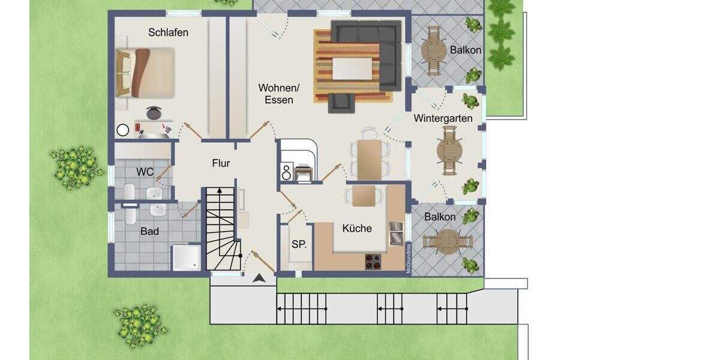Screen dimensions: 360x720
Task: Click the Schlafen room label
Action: (168, 32)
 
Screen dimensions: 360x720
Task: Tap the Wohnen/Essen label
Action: (278, 94)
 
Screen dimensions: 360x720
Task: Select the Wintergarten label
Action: (443, 119)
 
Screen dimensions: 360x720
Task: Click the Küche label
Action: (357, 228)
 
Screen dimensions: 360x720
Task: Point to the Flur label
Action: (221, 163)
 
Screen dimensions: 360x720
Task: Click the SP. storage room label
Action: (299, 244)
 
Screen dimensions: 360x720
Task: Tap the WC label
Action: (145, 172)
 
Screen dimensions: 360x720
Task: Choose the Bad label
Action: (149, 231)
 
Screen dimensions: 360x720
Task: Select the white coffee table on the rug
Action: (353, 67)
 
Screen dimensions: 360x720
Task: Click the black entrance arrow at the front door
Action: (259, 278)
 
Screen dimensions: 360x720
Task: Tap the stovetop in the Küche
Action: (373, 261)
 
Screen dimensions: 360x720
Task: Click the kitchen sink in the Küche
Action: (396, 233)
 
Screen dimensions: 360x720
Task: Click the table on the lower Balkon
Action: (448, 241)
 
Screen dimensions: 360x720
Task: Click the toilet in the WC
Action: (128, 191)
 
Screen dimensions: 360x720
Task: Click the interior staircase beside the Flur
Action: (221, 228)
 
